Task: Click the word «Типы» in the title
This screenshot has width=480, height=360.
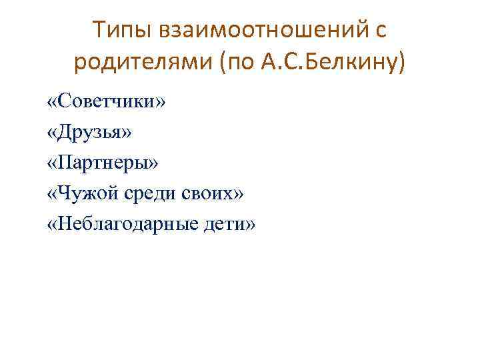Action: pyautogui.click(x=117, y=31)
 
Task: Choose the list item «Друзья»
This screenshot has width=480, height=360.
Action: pyautogui.click(x=90, y=132)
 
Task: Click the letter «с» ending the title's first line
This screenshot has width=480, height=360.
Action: pyautogui.click(x=381, y=31)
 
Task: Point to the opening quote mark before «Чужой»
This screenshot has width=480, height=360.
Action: pyautogui.click(x=52, y=194)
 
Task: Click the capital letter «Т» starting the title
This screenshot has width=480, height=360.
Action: pyautogui.click(x=98, y=31)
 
